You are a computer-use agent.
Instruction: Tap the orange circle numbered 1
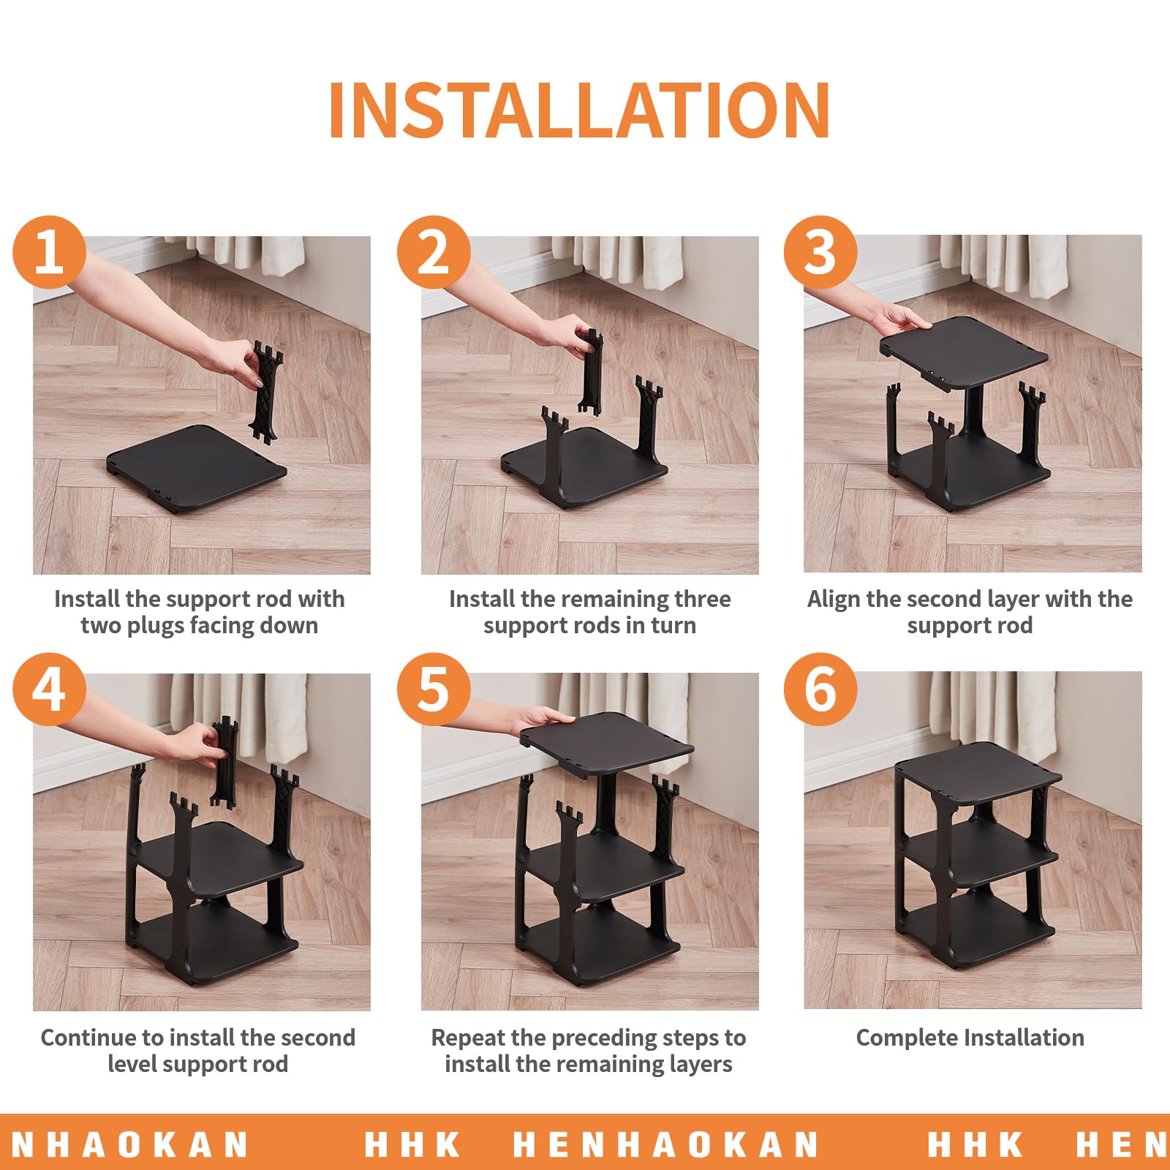click(49, 252)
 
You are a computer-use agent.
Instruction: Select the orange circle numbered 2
click(434, 252)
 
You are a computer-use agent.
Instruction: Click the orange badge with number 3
click(820, 252)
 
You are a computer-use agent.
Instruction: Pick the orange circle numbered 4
click(49, 689)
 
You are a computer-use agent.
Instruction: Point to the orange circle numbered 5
click(434, 689)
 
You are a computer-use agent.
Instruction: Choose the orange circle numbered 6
click(820, 689)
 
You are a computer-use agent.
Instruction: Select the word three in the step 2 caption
click(702, 599)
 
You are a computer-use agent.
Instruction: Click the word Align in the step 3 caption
click(834, 599)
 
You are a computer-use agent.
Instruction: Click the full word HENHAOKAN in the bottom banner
click(665, 1144)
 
